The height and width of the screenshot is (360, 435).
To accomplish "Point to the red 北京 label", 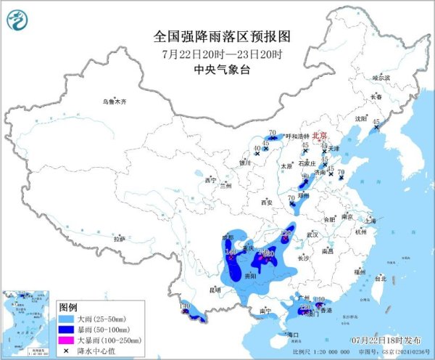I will [x=320, y=136].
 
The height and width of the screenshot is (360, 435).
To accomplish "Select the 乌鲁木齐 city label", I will [x=114, y=102].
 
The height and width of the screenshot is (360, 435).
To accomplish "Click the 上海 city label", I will [x=370, y=220].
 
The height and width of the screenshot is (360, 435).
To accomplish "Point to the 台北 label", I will [x=380, y=277].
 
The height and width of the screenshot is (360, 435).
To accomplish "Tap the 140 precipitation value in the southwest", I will [x=184, y=307].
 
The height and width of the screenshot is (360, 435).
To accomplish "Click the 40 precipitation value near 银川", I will [x=257, y=148].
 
